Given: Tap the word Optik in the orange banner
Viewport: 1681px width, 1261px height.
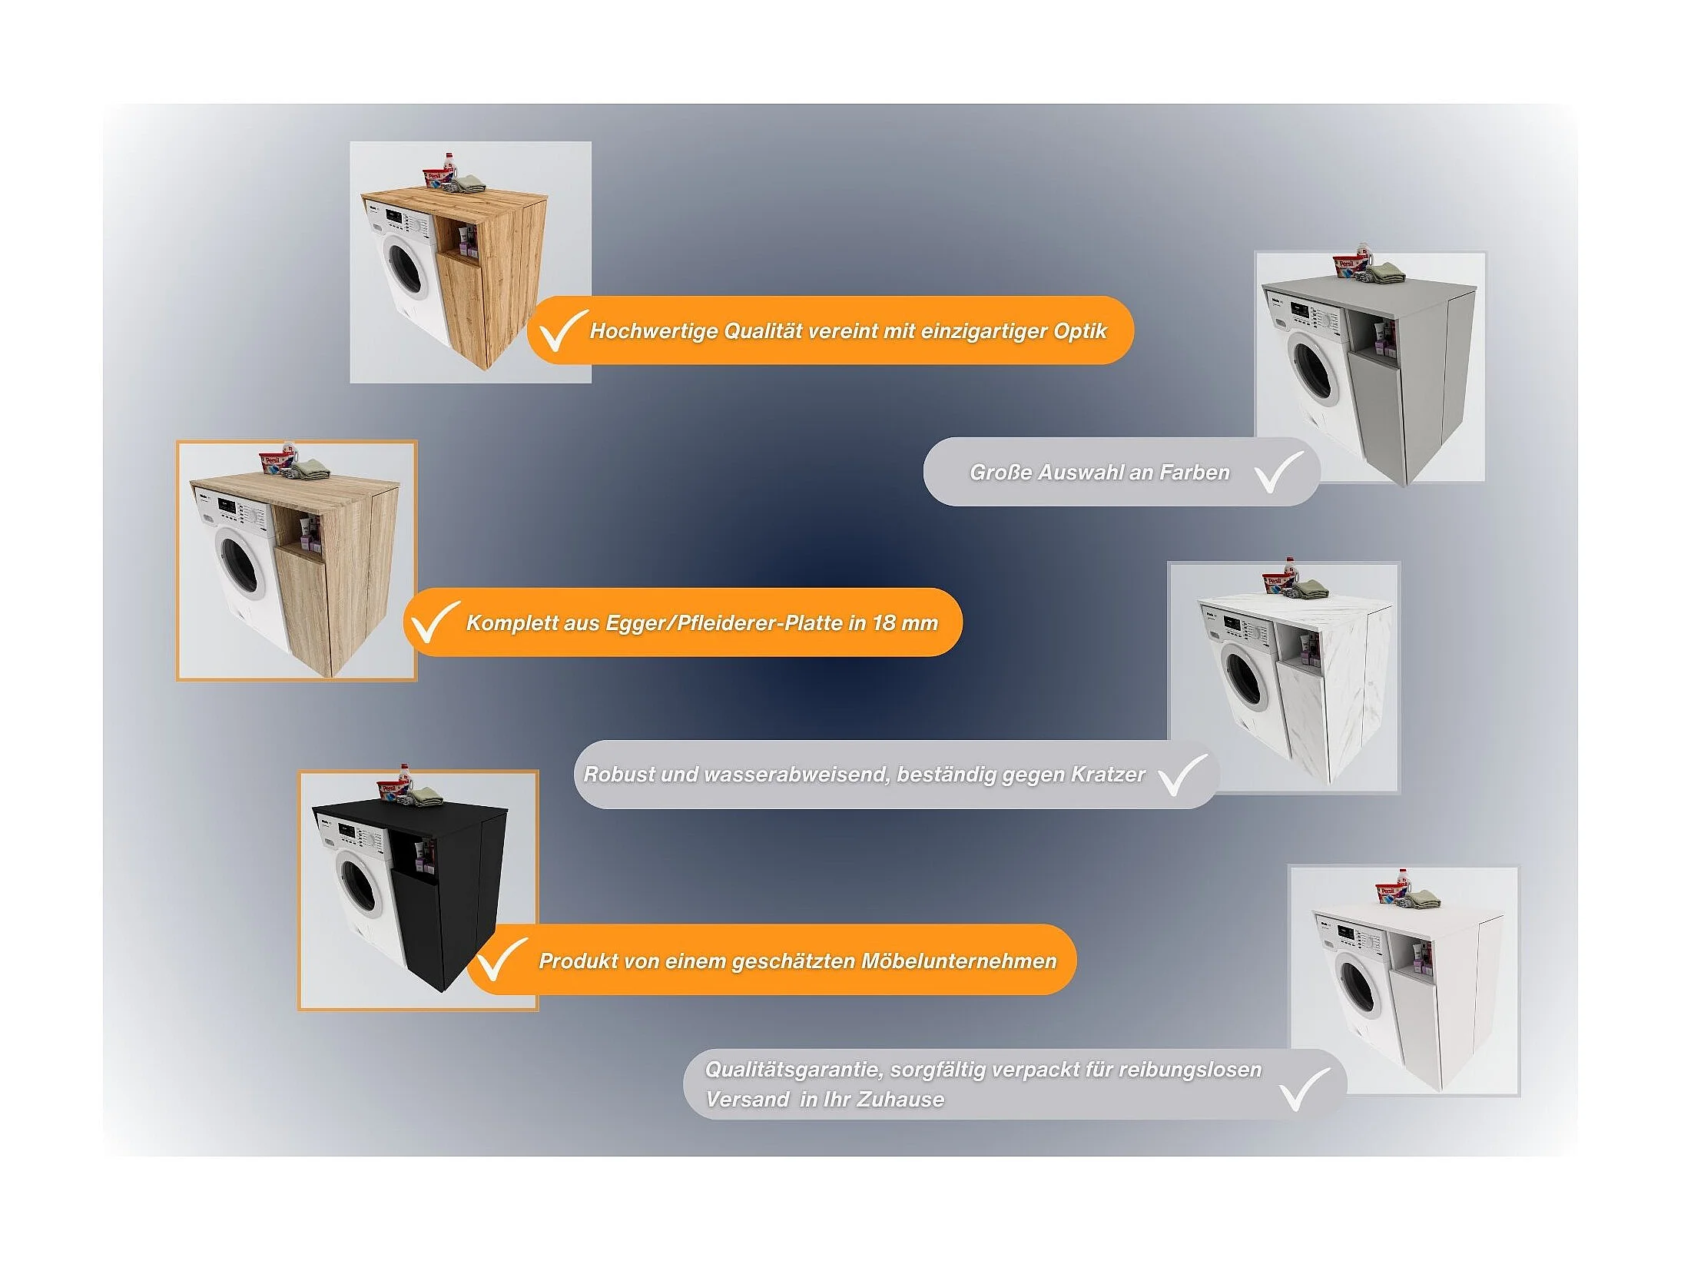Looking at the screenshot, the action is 1080,331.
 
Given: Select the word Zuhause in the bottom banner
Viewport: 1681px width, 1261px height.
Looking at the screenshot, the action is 900,1100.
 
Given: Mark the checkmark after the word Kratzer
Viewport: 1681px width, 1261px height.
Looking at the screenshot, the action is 1182,775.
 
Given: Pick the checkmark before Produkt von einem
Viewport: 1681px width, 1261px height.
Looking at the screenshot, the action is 501,960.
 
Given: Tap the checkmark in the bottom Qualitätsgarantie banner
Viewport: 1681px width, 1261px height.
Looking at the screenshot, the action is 1305,1089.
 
